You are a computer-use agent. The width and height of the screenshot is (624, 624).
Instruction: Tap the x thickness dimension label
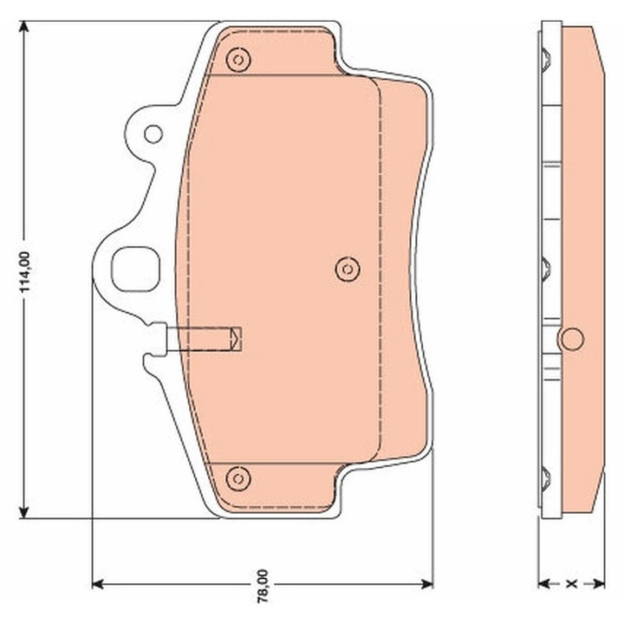pyautogui.click(x=571, y=582)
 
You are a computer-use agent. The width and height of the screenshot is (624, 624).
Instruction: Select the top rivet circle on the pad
pyautogui.click(x=237, y=59)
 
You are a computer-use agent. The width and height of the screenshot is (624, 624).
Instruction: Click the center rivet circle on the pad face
pyautogui.click(x=347, y=269)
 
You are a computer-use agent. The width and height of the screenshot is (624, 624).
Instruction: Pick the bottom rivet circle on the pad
pyautogui.click(x=237, y=478)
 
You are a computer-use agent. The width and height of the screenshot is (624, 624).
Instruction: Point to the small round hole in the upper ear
pyautogui.click(x=153, y=133)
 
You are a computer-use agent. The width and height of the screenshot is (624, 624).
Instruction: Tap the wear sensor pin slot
pyautogui.click(x=198, y=338)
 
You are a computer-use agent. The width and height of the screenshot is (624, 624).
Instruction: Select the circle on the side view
pyautogui.click(x=571, y=338)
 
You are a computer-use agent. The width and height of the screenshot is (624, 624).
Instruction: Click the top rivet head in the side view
pyautogui.click(x=544, y=60)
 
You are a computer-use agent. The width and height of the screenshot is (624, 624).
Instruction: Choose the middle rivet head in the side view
pyautogui.click(x=544, y=269)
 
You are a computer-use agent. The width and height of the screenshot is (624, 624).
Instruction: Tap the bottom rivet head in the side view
pyautogui.click(x=544, y=478)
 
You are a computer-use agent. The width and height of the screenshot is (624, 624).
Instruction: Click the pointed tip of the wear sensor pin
pyautogui.click(x=241, y=338)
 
